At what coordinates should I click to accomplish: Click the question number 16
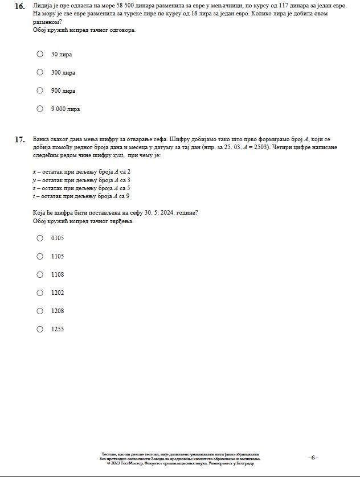click(19, 6)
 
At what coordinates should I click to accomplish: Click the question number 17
click(19, 139)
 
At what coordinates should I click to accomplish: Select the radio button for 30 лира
click(40, 54)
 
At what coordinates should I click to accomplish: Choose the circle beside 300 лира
click(40, 72)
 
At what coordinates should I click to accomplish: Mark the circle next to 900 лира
click(40, 91)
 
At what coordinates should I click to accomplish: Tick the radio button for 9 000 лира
click(40, 109)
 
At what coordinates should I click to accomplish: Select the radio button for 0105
click(40, 238)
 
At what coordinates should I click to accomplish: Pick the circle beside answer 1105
click(40, 256)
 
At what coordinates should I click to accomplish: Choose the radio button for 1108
click(40, 274)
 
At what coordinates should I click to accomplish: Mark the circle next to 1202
click(40, 293)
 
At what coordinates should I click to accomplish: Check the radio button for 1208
click(40, 311)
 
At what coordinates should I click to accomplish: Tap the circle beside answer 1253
click(40, 329)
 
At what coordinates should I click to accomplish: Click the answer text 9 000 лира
click(66, 109)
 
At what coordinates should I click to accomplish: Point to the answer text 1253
click(58, 330)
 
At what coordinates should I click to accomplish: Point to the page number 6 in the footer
click(313, 458)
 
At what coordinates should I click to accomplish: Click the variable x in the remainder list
click(34, 172)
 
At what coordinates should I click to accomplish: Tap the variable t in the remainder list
click(34, 196)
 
